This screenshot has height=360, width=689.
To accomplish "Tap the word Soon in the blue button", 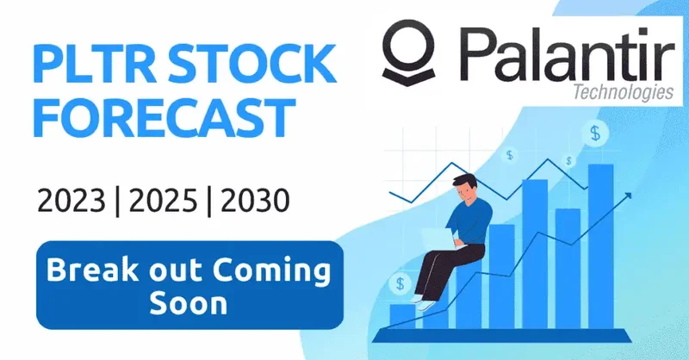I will tap(188, 302).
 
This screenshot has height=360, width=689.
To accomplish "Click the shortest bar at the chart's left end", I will tap(402, 315).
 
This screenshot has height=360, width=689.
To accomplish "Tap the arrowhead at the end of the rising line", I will tap(628, 195).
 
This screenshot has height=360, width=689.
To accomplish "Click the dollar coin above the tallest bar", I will tap(595, 133).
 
